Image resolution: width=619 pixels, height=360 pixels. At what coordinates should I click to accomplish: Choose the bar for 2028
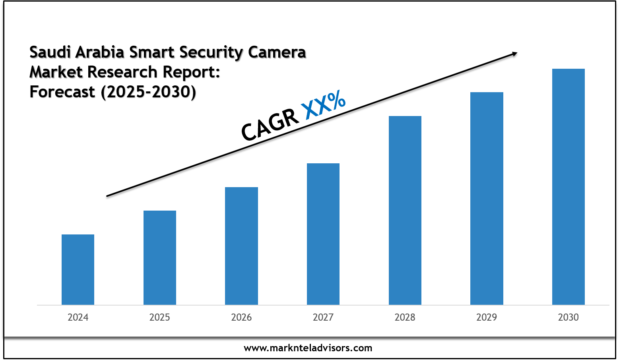[405, 210]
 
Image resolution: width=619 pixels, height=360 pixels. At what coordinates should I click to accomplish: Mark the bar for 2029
[487, 198]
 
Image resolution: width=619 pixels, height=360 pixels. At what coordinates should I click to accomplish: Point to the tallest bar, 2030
[568, 186]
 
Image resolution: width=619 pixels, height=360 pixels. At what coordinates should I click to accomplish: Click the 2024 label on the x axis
[78, 317]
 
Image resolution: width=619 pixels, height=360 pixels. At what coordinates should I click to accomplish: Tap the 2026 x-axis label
[241, 317]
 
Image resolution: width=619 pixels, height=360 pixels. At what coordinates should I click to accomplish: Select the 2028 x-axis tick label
[405, 317]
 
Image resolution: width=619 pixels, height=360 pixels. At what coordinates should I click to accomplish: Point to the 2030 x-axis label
[568, 317]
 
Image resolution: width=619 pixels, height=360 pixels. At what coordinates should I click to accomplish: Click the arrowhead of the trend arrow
[514, 53]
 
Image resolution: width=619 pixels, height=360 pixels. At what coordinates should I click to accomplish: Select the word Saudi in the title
[50, 52]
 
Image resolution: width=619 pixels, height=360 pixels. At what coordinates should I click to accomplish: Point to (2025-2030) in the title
[148, 92]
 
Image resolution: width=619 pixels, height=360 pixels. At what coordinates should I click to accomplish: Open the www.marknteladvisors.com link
[308, 348]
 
